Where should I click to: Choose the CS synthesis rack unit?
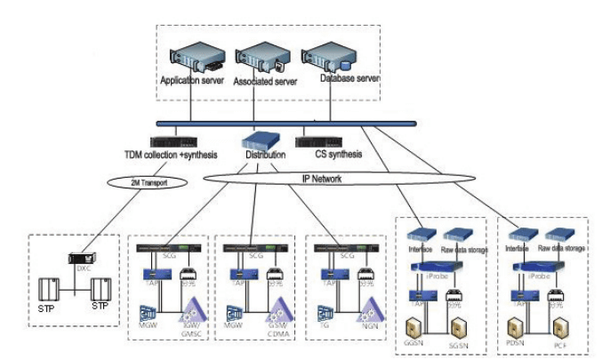320,141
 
